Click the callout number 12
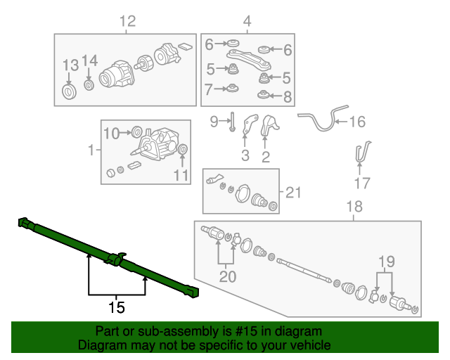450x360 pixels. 127,22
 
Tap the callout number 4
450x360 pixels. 247,22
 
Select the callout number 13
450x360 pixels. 71,65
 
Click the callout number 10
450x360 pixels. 112,132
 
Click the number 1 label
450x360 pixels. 90,150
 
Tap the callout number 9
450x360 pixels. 214,122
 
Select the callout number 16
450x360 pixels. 357,122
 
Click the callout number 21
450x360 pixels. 292,192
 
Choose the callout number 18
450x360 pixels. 354,207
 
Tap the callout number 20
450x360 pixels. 227,277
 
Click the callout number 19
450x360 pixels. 384,263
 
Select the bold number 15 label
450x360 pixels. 116,307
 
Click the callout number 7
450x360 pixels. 209,89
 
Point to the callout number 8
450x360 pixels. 287,96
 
